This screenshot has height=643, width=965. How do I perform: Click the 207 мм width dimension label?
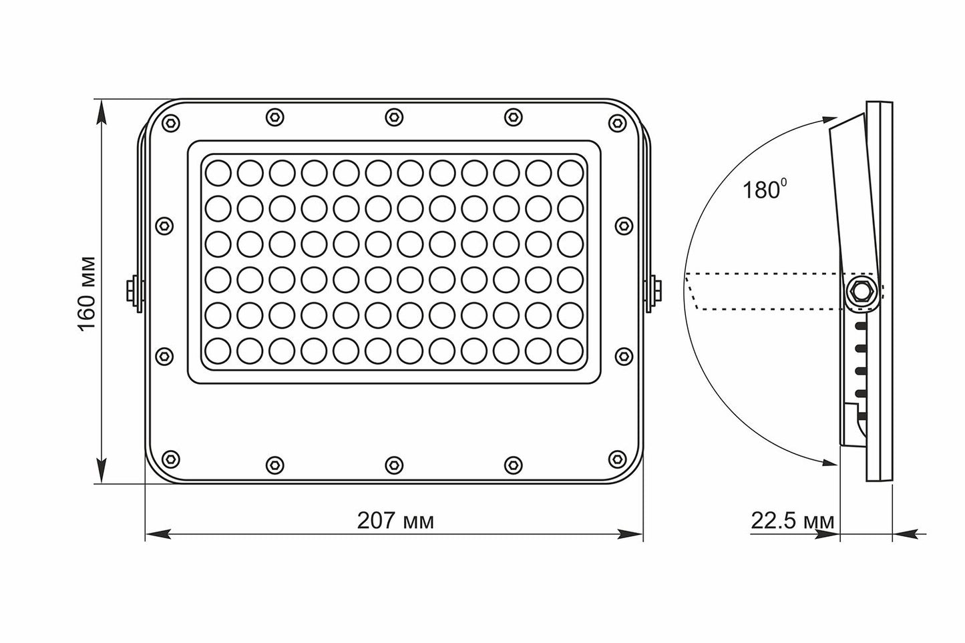pos(395,521)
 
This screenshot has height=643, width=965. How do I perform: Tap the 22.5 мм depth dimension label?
pos(793,521)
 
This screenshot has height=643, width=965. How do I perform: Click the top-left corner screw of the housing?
pos(171,123)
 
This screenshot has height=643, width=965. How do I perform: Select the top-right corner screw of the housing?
pos(618,123)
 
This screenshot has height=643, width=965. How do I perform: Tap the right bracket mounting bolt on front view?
pos(656,291)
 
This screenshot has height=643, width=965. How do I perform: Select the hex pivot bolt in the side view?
pos(860,292)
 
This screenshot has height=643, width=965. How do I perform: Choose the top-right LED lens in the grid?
pos(570,172)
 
